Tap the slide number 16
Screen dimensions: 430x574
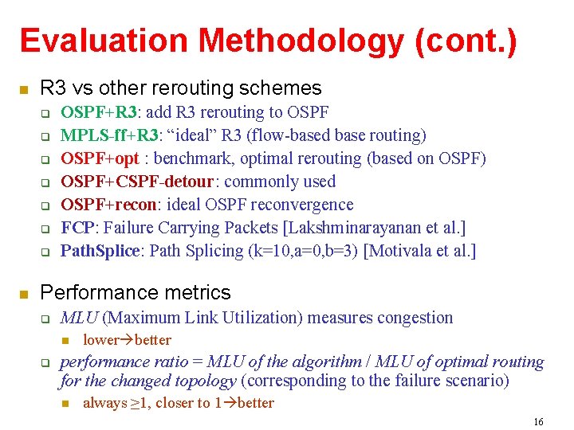[x=538, y=421]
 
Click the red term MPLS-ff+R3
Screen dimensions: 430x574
[x=109, y=135]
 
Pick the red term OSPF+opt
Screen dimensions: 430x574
[x=100, y=158]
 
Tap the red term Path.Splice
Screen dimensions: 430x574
[x=100, y=251]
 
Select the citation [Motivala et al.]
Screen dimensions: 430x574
[x=419, y=251]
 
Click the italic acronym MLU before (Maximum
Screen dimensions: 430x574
[x=79, y=318]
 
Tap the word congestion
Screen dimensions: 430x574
[x=415, y=318]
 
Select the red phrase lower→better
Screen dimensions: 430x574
[x=127, y=340]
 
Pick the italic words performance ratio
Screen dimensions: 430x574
[x=113, y=362]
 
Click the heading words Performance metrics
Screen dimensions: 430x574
[x=136, y=293]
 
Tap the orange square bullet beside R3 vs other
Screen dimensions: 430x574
[x=24, y=88]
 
